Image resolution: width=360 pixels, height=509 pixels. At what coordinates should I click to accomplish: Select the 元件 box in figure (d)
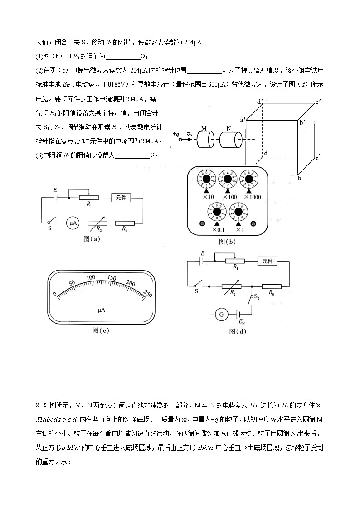coord(267,261)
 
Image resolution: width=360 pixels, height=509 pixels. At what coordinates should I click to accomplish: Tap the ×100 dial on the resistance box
coord(229,178)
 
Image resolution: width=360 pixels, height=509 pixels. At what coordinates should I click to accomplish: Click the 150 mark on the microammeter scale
coord(111,278)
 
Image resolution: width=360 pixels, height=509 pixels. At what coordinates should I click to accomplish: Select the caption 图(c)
coord(101,330)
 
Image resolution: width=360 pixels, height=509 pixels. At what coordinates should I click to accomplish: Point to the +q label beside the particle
coord(176,134)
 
